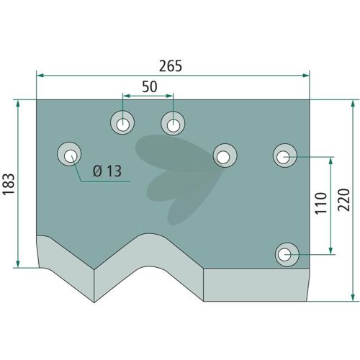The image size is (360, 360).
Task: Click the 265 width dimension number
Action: (171, 66)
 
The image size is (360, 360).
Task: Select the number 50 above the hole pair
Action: (150, 86)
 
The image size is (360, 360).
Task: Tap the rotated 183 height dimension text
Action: (9, 184)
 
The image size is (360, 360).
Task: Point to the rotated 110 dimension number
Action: (321, 203)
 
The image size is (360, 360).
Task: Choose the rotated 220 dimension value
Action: (343, 200)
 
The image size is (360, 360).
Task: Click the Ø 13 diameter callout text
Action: (107, 171)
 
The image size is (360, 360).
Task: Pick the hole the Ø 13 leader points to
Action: (69, 154)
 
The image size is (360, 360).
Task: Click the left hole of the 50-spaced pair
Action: (122, 123)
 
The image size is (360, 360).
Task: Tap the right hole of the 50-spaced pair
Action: (173, 123)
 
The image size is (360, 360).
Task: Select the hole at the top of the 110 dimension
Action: (285, 156)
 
